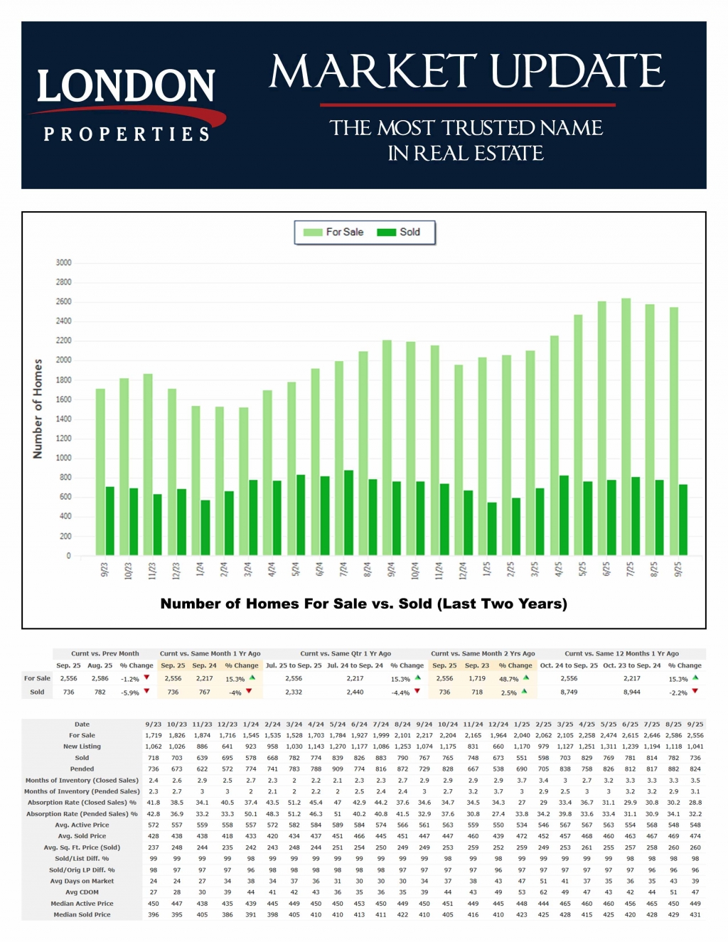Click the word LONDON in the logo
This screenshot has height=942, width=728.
(126, 87)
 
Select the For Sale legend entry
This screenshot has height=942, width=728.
(334, 232)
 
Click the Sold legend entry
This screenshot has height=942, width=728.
(400, 232)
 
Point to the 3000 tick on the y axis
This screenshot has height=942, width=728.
(64, 263)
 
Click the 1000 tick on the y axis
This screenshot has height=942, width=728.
(64, 459)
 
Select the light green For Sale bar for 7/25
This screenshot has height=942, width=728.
(626, 427)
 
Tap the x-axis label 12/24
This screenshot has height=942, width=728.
(463, 569)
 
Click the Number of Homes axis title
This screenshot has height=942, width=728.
(38, 409)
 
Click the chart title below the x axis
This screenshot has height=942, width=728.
(363, 604)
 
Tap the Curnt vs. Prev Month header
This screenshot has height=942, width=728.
(105, 653)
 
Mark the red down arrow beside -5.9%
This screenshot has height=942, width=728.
(147, 691)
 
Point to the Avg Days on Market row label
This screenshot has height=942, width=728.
(82, 882)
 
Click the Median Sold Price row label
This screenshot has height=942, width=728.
(82, 915)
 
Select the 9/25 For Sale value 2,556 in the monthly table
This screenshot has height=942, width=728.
(695, 736)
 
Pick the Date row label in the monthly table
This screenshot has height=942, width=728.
(82, 724)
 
